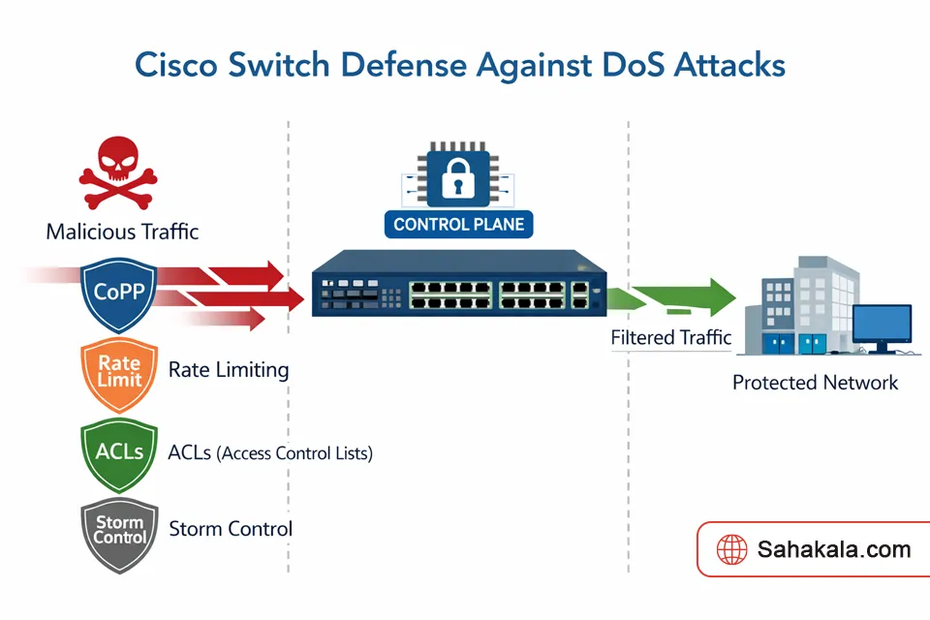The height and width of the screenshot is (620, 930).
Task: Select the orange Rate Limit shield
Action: pos(119,372)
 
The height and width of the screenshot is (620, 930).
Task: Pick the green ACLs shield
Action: pos(119,451)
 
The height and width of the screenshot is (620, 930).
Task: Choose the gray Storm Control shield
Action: pos(120,530)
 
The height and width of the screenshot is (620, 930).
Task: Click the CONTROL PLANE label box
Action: pos(458,225)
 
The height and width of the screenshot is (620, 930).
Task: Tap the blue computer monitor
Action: pos(881,327)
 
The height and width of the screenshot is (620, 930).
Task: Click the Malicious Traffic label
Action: pos(122,232)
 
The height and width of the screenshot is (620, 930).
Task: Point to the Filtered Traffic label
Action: pos(670,338)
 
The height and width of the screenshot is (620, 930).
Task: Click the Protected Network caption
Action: pos(815,383)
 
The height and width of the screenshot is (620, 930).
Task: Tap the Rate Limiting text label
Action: pos(229,370)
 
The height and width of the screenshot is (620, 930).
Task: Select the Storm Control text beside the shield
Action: pos(231,529)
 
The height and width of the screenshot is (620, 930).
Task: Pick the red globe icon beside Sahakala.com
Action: pos(731,550)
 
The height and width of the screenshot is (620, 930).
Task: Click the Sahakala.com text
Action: pos(834,550)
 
